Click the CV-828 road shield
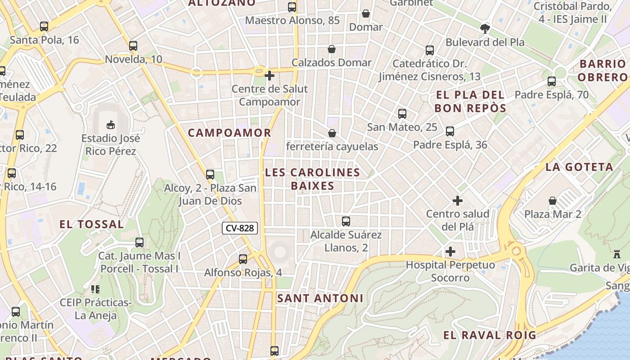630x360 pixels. tap(240, 228)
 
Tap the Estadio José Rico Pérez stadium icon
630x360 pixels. tap(110, 124)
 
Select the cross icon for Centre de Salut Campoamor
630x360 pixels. tap(270, 75)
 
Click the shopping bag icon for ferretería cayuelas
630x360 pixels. tap(332, 133)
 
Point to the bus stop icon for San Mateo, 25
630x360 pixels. tap(402, 114)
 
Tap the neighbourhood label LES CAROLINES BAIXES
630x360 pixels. tap(312, 179)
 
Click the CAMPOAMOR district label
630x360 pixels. tap(229, 133)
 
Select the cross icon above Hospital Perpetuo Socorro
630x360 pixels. tap(450, 252)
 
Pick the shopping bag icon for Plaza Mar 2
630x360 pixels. tap(553, 201)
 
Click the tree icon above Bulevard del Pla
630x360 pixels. tap(485, 29)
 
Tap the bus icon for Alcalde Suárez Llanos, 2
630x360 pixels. tap(346, 221)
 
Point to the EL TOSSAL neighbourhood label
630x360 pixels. tap(91, 224)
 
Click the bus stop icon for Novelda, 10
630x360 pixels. tap(133, 46)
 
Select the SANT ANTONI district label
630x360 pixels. tap(320, 298)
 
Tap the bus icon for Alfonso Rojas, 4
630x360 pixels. tap(243, 259)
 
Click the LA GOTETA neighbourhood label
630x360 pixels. tap(579, 167)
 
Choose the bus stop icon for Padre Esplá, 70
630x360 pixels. tap(552, 81)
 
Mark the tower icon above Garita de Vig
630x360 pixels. tap(617, 254)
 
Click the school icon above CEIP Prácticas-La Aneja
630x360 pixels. tap(95, 289)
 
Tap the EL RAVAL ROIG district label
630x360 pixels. tap(490, 335)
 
